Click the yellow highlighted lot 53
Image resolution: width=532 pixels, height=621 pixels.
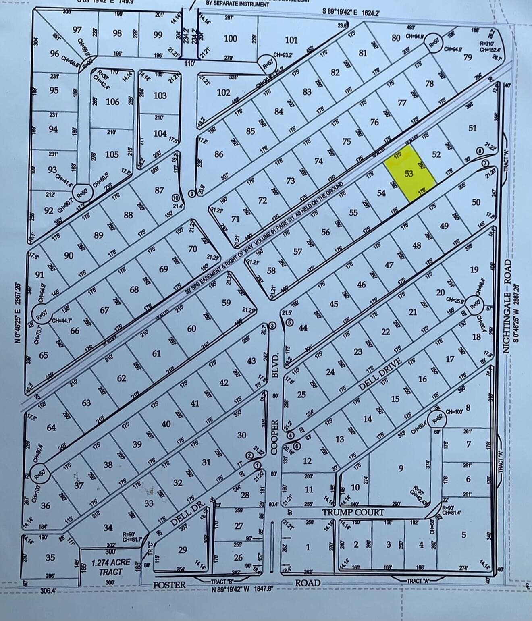[409, 174]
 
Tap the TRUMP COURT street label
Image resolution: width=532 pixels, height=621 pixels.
[353, 513]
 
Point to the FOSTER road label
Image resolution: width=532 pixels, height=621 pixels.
[169, 585]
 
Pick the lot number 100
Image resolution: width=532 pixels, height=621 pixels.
[231, 38]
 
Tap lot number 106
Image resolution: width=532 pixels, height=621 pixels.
[112, 102]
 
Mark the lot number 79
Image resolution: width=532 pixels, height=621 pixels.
[468, 58]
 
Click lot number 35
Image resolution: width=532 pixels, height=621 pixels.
[50, 557]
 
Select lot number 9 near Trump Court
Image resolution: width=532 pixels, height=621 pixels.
[401, 468]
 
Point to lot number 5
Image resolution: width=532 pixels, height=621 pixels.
[464, 535]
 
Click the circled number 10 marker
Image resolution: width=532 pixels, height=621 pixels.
[175, 198]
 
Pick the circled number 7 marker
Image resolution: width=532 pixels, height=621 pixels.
[486, 162]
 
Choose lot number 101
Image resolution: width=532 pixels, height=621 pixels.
[291, 40]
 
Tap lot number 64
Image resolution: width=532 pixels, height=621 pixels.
[51, 427]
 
